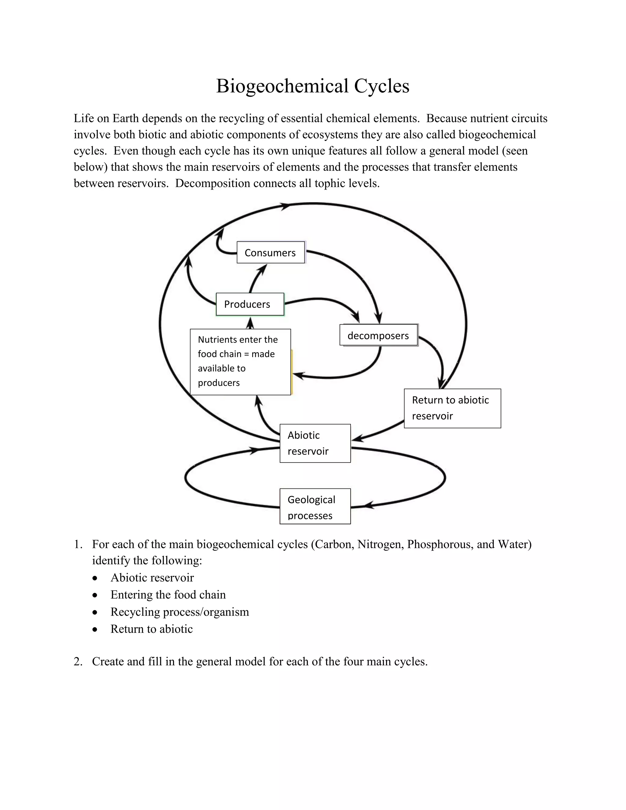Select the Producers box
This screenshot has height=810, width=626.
250,304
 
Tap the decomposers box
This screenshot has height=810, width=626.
379,335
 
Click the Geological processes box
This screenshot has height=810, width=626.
315,506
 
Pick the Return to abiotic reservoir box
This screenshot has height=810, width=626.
452,408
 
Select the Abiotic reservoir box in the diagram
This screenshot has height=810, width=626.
315,443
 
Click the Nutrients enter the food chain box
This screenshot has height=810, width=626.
240,362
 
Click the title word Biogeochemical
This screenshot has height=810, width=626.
282,86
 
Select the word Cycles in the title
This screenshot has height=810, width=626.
381,86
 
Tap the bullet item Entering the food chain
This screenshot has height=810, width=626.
168,595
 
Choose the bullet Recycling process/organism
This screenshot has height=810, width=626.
179,612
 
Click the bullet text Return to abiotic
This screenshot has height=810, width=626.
151,629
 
